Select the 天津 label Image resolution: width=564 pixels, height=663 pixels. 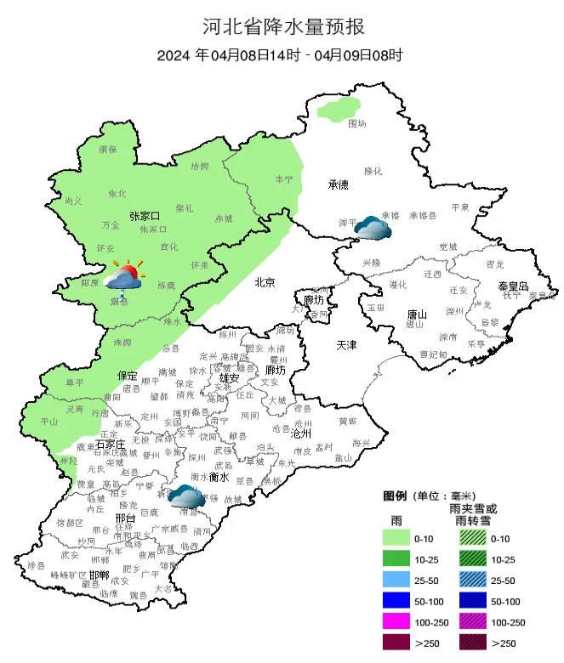[x=347, y=345]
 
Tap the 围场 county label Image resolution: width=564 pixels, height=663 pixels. [x=357, y=123]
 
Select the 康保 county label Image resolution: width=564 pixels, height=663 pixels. [x=107, y=150]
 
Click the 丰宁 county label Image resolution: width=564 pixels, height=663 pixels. [x=283, y=179]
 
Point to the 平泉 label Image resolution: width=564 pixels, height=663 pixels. [x=460, y=207]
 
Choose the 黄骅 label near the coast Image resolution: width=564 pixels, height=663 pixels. [x=348, y=420]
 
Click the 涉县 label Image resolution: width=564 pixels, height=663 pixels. [x=35, y=565]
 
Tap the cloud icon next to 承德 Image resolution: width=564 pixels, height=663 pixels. [x=373, y=227]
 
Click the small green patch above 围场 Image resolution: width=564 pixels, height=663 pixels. [x=338, y=109]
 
